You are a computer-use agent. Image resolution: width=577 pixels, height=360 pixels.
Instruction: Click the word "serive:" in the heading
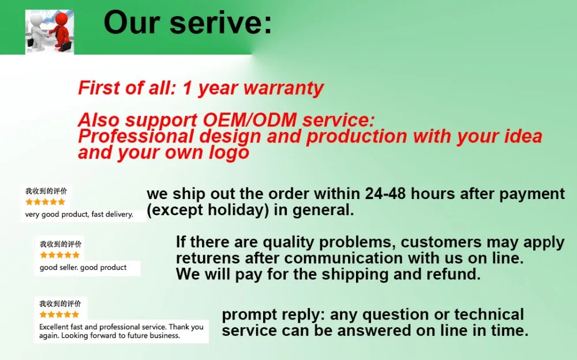click(230, 23)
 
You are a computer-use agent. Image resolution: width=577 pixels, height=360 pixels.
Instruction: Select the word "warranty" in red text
click(283, 88)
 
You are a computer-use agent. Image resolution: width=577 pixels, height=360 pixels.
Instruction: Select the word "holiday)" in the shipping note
click(237, 210)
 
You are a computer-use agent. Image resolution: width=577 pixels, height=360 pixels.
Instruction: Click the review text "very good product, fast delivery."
click(79, 215)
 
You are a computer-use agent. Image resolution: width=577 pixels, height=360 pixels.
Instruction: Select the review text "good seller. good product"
click(83, 268)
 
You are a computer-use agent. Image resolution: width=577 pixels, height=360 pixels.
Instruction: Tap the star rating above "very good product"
click(45, 202)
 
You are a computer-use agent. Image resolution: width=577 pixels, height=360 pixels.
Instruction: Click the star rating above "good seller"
click(59, 255)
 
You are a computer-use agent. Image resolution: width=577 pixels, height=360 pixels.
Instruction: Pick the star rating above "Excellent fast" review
click(59, 314)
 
